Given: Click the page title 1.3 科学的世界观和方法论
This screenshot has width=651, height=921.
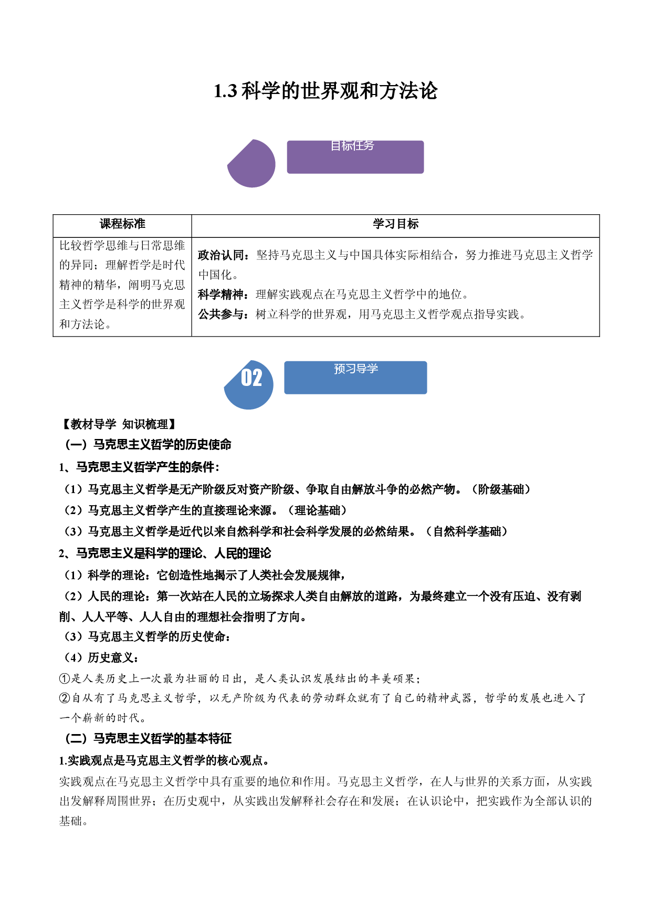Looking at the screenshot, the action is pos(325,91).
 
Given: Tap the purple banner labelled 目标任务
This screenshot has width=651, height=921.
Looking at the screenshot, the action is pos(355,157).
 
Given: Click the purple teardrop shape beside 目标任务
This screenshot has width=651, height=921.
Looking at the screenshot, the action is pos(251,163).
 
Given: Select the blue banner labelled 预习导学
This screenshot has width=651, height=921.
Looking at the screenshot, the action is pos(355,378).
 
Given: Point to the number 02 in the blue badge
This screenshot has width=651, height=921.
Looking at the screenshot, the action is pos(251,378).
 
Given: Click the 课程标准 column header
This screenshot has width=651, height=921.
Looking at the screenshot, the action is pos(122,224).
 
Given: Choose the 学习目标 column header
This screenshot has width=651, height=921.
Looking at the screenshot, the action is pos(396,224).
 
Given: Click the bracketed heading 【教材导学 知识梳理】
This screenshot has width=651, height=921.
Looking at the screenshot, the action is pos(119,424).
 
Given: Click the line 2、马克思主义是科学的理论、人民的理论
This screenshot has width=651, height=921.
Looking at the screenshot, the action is pos(165,553).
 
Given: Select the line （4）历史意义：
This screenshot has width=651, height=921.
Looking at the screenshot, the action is pos(101,658).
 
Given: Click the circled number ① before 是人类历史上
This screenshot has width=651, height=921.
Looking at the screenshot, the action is pos(65,679).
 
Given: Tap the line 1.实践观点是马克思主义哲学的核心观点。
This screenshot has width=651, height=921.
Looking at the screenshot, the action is pos(165,760).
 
